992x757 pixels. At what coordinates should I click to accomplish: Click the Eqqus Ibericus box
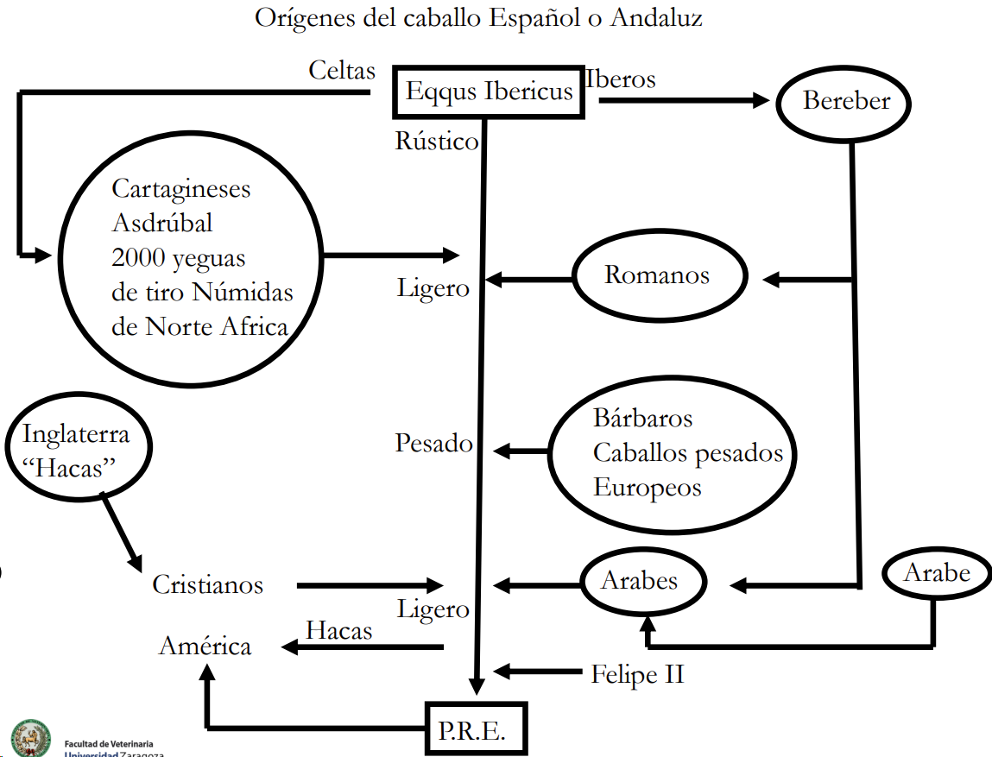coord(490,91)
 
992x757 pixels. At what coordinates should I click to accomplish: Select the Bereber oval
coord(845,101)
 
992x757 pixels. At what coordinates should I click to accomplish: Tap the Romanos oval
coord(658,276)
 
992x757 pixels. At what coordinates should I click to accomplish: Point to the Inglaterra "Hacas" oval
coord(77,449)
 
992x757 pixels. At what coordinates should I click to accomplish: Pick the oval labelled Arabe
coord(937,572)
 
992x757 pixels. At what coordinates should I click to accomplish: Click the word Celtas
coord(342,71)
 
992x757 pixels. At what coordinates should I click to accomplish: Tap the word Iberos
coord(621,79)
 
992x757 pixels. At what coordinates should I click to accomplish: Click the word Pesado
coord(433,444)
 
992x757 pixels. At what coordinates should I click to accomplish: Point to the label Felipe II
coord(637,674)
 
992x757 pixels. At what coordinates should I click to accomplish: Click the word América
coord(205,647)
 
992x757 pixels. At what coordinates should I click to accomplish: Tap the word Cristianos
coord(207,585)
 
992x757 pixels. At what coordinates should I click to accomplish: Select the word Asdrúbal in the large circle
coord(162,223)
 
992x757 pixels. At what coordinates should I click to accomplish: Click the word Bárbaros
coord(642,419)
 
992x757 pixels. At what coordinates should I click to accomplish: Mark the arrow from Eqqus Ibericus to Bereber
coord(682,100)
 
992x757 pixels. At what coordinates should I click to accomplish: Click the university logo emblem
coord(30,739)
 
